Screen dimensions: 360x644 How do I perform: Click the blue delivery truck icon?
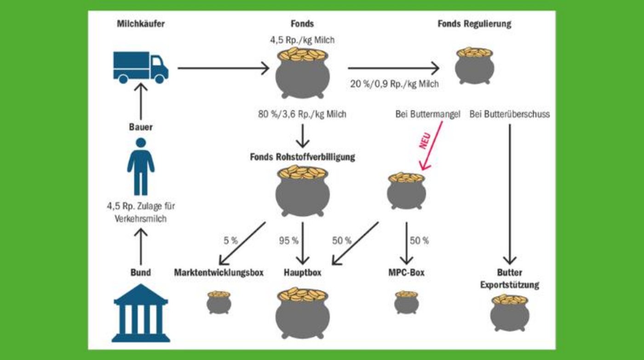click(x=141, y=67)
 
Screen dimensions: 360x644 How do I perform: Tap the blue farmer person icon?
click(x=141, y=166)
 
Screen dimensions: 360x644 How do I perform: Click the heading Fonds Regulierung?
click(x=474, y=24)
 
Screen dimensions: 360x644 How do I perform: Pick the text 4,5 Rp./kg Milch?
click(x=302, y=40)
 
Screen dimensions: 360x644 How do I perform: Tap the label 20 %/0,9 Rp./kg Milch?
click(x=394, y=84)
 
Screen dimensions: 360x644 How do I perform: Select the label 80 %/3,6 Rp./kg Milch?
click(x=302, y=114)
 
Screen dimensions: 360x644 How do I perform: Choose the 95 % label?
click(x=288, y=240)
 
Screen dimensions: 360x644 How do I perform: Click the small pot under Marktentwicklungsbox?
click(x=219, y=302)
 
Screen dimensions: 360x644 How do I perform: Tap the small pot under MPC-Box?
click(x=407, y=302)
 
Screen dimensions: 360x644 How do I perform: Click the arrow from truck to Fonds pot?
click(x=223, y=69)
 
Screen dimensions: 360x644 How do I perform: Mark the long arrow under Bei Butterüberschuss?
click(x=510, y=193)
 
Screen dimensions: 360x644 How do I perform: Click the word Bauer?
click(x=141, y=127)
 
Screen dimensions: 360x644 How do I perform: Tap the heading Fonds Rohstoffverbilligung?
click(x=302, y=157)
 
